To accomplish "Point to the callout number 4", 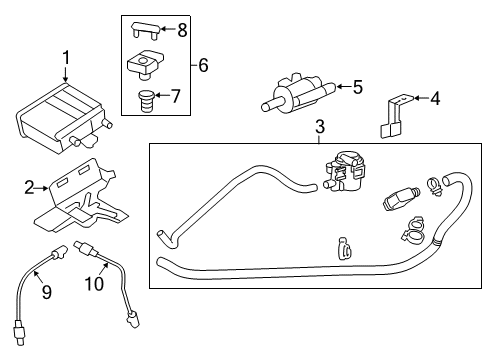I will [434, 98].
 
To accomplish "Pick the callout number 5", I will [356, 87].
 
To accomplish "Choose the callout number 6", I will [203, 66].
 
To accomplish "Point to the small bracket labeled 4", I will [393, 115].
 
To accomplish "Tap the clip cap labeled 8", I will [147, 32].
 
